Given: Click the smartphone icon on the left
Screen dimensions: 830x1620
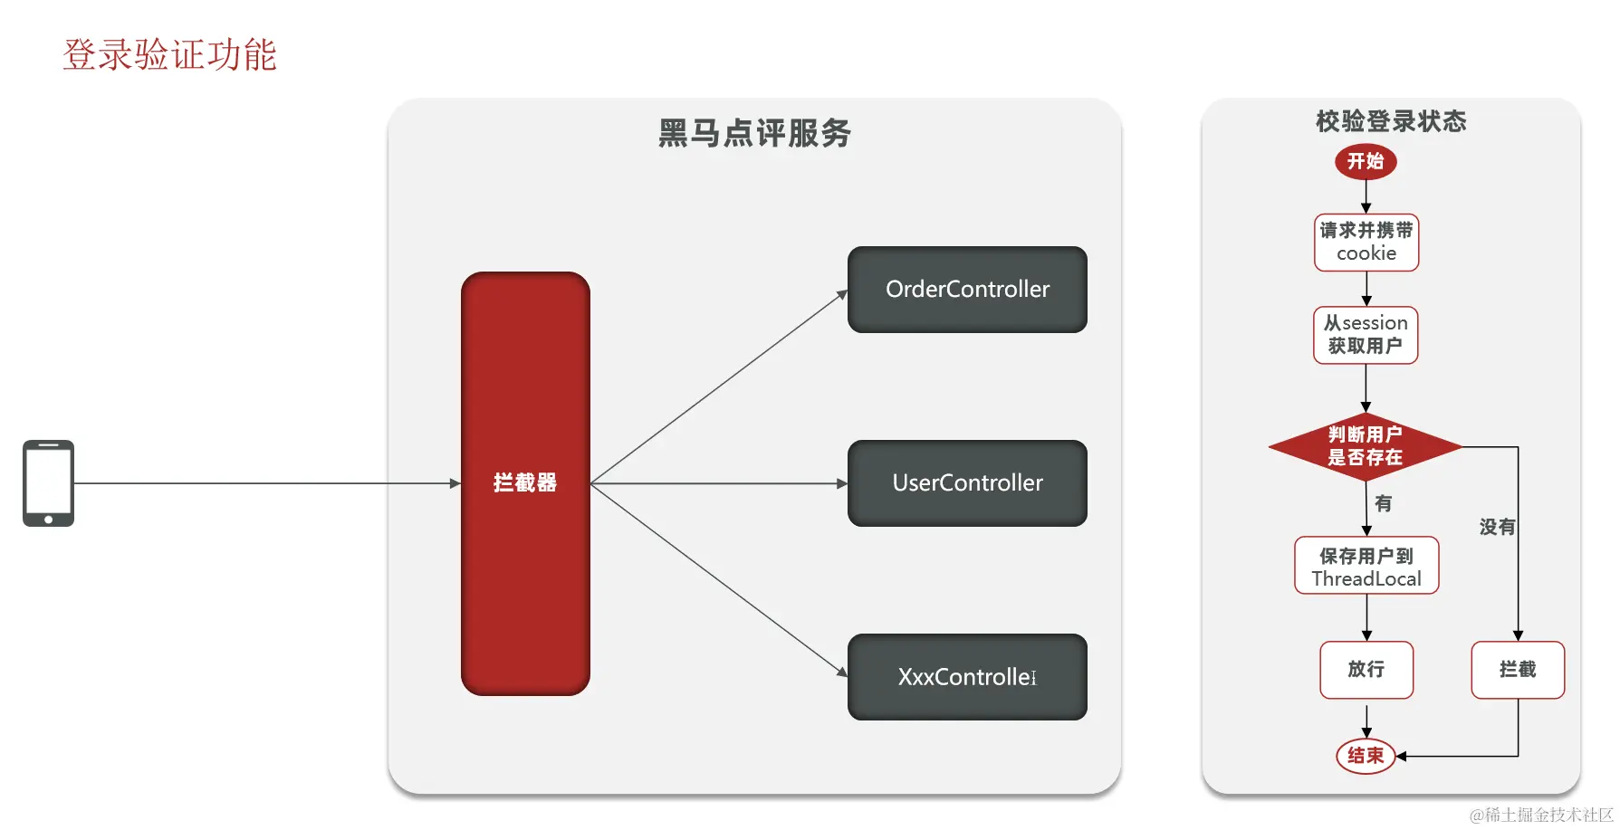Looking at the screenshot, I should (48, 483).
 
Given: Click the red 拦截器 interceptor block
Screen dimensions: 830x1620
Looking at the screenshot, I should (525, 483).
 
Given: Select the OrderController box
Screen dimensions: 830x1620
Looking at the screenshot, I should (967, 290).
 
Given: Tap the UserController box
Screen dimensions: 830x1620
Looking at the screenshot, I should (967, 483).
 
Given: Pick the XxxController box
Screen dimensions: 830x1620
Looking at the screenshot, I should (967, 677).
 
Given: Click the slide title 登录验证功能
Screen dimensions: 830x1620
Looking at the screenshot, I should (169, 55).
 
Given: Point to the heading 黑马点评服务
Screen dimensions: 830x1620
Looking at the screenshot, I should (754, 133).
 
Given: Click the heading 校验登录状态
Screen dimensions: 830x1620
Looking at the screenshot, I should (1391, 121).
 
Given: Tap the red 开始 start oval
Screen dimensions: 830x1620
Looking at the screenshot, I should (1366, 162).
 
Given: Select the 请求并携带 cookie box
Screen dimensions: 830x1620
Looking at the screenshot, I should (1366, 243).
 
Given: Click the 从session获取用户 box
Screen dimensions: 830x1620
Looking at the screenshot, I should (1366, 335).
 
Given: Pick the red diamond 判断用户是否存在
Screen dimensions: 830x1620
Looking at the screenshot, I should (1366, 446).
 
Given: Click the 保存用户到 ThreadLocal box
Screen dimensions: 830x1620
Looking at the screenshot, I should (1366, 567).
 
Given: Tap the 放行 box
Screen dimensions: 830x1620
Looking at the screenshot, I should (1366, 670).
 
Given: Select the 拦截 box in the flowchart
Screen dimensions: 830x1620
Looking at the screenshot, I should (1518, 670).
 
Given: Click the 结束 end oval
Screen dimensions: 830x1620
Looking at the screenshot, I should (1366, 756).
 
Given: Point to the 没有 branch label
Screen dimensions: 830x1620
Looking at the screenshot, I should (1496, 527).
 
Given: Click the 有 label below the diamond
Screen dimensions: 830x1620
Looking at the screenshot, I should (1383, 503).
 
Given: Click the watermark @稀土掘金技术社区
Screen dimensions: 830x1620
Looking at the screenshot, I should (1541, 815).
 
